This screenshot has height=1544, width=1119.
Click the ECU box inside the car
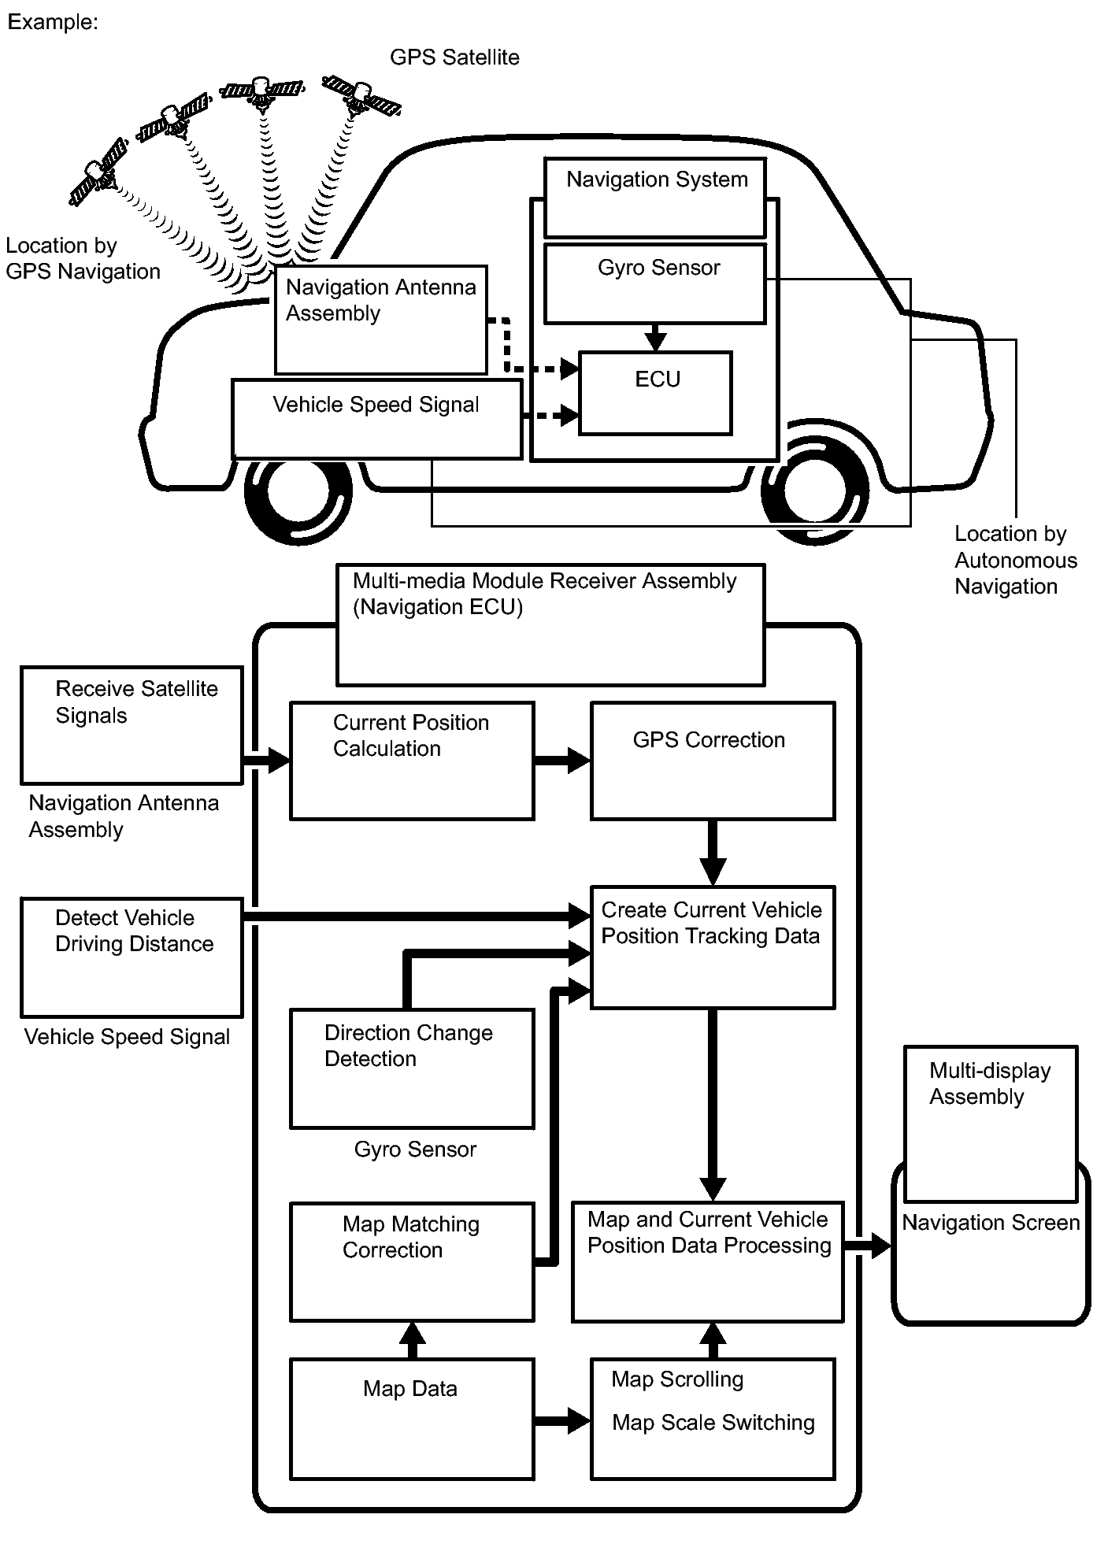click(x=655, y=393)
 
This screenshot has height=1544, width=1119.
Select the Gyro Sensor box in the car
click(x=654, y=283)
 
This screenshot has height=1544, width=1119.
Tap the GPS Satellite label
click(x=454, y=57)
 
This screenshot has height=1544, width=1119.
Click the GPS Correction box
click(x=712, y=761)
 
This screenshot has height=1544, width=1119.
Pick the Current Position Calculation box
click(x=412, y=761)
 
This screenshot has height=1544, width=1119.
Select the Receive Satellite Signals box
click(x=132, y=725)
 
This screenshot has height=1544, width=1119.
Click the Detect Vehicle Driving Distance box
click(x=132, y=957)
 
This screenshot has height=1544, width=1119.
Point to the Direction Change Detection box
click(x=412, y=1068)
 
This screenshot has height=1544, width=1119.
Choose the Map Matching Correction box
click(x=412, y=1261)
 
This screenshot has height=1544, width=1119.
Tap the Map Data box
click(x=412, y=1417)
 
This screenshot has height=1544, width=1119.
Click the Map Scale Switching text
click(x=713, y=1423)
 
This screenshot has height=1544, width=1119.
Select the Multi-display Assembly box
click(x=990, y=1123)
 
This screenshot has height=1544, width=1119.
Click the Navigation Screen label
click(x=990, y=1223)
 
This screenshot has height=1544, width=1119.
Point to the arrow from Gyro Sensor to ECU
click(x=655, y=337)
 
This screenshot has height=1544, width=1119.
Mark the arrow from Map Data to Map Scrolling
click(x=562, y=1421)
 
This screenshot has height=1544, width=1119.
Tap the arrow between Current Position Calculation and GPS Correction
click(x=562, y=760)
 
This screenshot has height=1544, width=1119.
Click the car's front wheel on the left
click(x=298, y=490)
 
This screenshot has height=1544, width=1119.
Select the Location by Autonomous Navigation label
click(x=1015, y=560)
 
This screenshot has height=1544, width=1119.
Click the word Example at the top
click(x=52, y=22)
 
